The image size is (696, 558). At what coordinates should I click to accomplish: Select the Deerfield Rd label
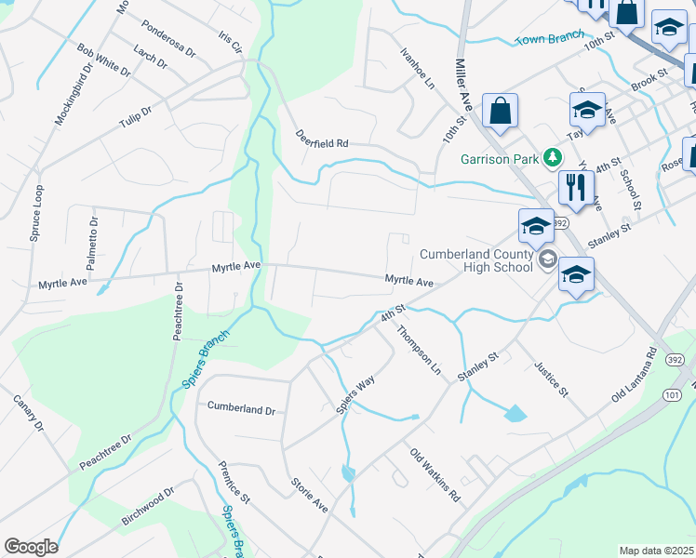(322, 144)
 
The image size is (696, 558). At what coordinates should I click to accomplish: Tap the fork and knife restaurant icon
(577, 189)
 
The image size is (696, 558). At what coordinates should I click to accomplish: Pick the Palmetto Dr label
(93, 243)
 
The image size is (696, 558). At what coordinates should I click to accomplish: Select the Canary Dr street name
(28, 414)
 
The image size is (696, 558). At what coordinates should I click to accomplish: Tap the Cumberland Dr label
(241, 408)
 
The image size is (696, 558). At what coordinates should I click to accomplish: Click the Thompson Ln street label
(419, 350)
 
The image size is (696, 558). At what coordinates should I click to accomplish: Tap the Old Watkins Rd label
(435, 474)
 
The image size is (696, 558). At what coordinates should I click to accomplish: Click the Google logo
(31, 547)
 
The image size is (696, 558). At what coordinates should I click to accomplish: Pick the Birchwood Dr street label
(150, 505)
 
